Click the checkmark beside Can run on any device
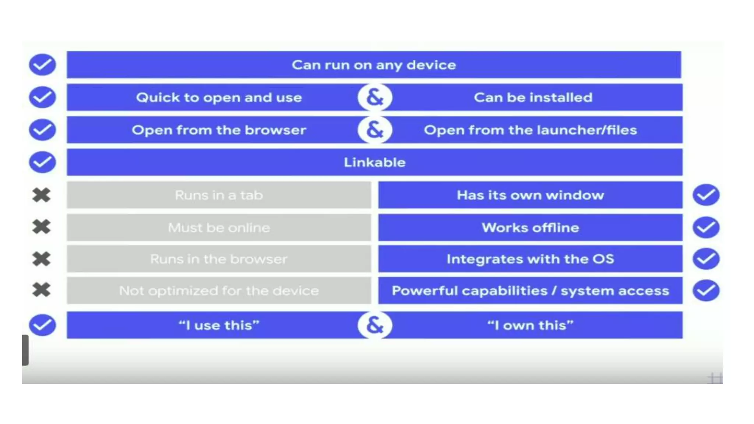tap(42, 65)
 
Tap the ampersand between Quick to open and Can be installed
tap(375, 98)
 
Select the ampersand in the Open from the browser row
tap(375, 130)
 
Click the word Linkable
tap(374, 162)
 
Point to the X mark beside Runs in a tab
tap(41, 195)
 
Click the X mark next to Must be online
tap(41, 227)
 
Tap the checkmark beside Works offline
tap(706, 227)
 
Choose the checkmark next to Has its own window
tap(706, 195)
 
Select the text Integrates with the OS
tap(530, 259)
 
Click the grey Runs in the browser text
tap(219, 259)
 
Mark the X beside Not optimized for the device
tap(41, 290)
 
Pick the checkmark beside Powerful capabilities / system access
tap(706, 291)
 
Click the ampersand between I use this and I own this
tap(375, 325)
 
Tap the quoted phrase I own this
tap(530, 325)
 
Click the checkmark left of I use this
tap(42, 325)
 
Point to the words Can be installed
tap(533, 98)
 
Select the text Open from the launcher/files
tap(530, 130)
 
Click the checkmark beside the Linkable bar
tap(42, 162)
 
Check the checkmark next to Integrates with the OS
tap(706, 259)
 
